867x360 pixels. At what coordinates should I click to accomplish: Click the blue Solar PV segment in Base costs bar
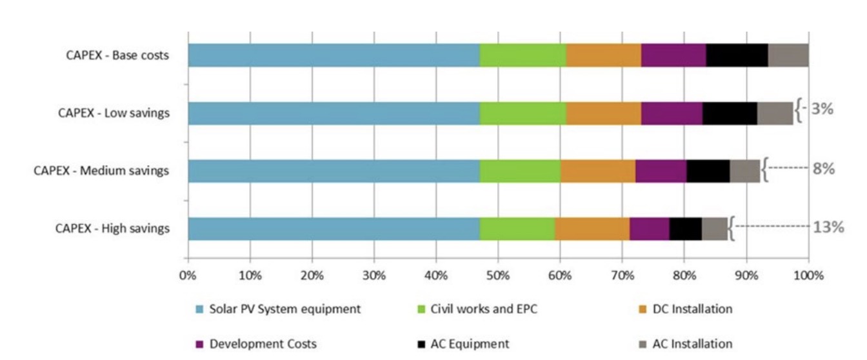[x=334, y=55]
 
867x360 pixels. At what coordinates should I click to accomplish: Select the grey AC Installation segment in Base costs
[x=788, y=55]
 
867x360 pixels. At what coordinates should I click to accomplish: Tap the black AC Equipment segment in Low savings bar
[x=730, y=113]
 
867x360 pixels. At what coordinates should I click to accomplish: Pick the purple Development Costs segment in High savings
[x=649, y=229]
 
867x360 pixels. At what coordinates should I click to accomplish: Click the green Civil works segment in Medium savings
[x=520, y=171]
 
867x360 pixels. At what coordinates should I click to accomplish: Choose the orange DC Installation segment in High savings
[x=592, y=229]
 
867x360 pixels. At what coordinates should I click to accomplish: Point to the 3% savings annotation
[x=822, y=109]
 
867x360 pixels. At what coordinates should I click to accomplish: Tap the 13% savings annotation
[x=828, y=227]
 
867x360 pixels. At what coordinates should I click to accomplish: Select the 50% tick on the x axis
[x=498, y=275]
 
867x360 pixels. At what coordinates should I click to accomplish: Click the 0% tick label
[x=188, y=275]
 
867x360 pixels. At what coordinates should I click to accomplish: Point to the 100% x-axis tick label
[x=808, y=275]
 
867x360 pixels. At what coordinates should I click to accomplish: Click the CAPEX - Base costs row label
[x=117, y=55]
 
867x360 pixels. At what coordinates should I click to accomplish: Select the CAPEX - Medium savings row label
[x=101, y=171]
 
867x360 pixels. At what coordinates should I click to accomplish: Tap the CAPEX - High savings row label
[x=112, y=228]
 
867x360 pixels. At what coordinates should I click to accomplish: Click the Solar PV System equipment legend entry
[x=284, y=309]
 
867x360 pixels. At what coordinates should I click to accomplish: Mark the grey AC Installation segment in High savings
[x=714, y=229]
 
